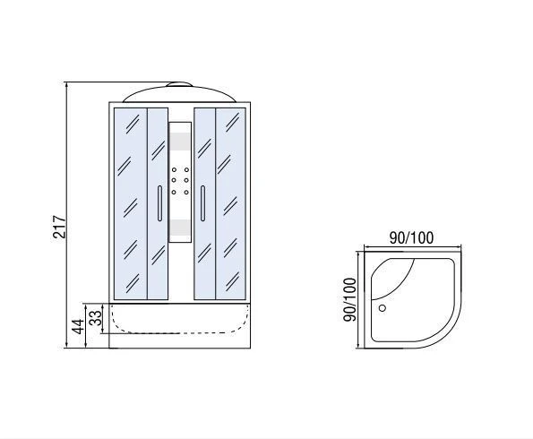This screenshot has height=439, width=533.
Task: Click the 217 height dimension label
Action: [59, 227]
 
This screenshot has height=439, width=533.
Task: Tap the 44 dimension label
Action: [78, 326]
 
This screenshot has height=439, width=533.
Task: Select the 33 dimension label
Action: [96, 317]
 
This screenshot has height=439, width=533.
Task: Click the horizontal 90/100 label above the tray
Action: [412, 237]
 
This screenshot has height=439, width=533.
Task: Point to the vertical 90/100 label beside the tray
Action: [349, 299]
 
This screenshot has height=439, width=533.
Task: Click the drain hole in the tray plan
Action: [383, 308]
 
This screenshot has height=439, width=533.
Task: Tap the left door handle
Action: [159, 203]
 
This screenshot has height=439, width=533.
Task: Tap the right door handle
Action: [202, 203]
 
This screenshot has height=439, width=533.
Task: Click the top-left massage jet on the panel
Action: [174, 169]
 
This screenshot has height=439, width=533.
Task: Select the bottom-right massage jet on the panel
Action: [186, 192]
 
